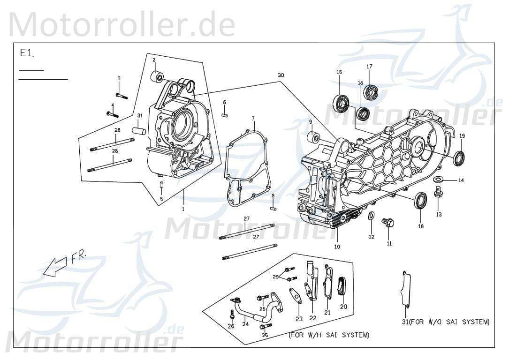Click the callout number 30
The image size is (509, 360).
click(281, 75)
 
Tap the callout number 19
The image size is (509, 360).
click(462, 136)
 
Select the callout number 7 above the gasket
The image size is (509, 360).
click(253, 118)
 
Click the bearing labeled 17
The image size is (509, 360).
click(372, 92)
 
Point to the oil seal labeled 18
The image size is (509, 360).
click(420, 200)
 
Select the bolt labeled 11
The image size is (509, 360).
click(388, 222)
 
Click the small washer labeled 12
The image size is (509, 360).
click(371, 216)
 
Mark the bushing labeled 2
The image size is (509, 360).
click(158, 76)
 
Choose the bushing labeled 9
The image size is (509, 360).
click(315, 138)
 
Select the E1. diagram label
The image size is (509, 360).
click(27, 53)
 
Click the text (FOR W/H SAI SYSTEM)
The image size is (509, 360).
click(328, 335)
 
